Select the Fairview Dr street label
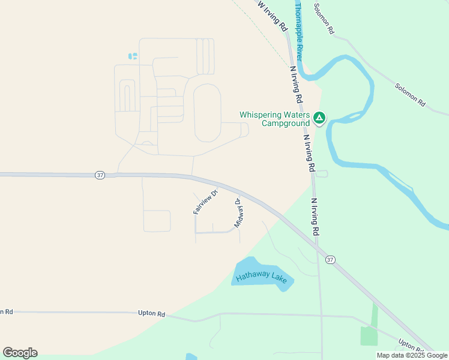(204, 202)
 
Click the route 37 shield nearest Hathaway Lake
(330, 259)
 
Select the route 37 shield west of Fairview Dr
(100, 175)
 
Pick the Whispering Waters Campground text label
(274, 119)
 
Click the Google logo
(20, 353)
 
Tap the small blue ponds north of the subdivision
(133, 56)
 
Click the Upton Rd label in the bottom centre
(151, 313)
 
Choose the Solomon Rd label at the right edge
(410, 95)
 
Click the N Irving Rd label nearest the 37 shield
(314, 217)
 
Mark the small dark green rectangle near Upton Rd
(369, 335)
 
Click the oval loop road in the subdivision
(207, 113)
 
